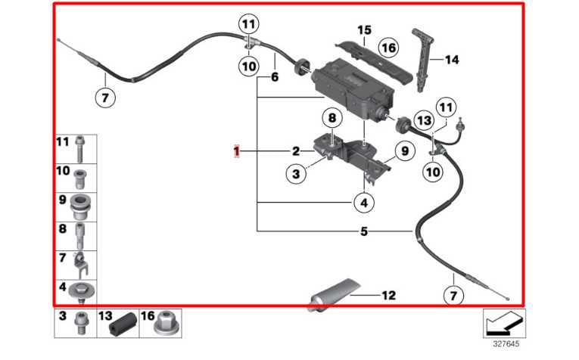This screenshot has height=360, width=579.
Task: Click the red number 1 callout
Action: [237, 152]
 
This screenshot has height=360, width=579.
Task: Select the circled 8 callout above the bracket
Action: [331, 118]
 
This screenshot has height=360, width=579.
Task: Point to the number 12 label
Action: [388, 296]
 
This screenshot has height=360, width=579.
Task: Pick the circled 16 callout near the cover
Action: [388, 48]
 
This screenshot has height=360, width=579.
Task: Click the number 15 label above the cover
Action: [364, 30]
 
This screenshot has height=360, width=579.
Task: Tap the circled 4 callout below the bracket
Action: [363, 202]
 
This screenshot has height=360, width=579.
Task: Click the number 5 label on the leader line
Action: [364, 231]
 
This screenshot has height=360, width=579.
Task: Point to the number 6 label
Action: [275, 77]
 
